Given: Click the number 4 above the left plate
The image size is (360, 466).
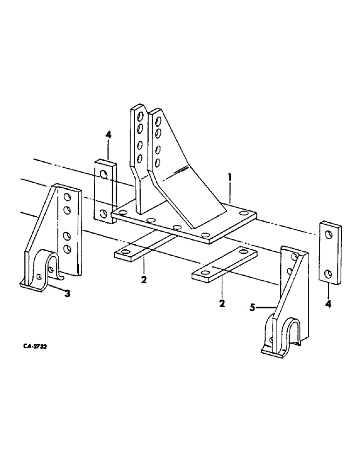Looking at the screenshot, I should pyautogui.click(x=108, y=135).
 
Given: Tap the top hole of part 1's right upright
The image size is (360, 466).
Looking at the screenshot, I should pyautogui.click(x=159, y=123).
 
